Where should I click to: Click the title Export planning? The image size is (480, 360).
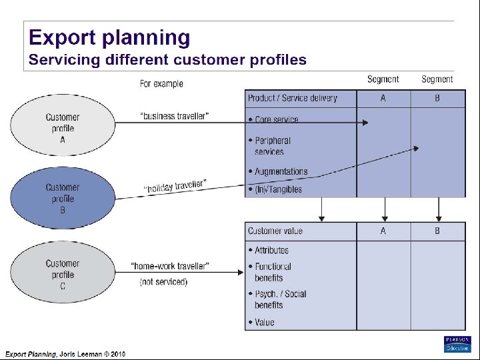(x=109, y=37)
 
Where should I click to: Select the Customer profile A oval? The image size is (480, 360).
(x=63, y=128)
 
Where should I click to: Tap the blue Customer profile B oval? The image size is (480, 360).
(x=63, y=199)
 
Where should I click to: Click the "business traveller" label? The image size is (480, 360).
(x=174, y=116)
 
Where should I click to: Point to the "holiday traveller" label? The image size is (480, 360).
(x=175, y=186)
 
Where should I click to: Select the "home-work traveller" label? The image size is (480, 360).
(x=170, y=267)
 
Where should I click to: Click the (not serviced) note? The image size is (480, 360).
(x=163, y=282)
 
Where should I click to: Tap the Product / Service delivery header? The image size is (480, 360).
(x=292, y=98)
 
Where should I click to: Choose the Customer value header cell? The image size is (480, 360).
(x=275, y=231)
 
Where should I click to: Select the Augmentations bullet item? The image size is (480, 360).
(x=281, y=171)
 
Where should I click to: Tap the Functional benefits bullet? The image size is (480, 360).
(x=273, y=272)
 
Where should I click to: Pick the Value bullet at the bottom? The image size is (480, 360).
(x=264, y=323)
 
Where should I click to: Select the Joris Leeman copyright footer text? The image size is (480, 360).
(x=65, y=354)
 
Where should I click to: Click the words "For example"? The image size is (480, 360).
(x=161, y=83)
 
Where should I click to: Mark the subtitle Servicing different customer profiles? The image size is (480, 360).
(x=167, y=60)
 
